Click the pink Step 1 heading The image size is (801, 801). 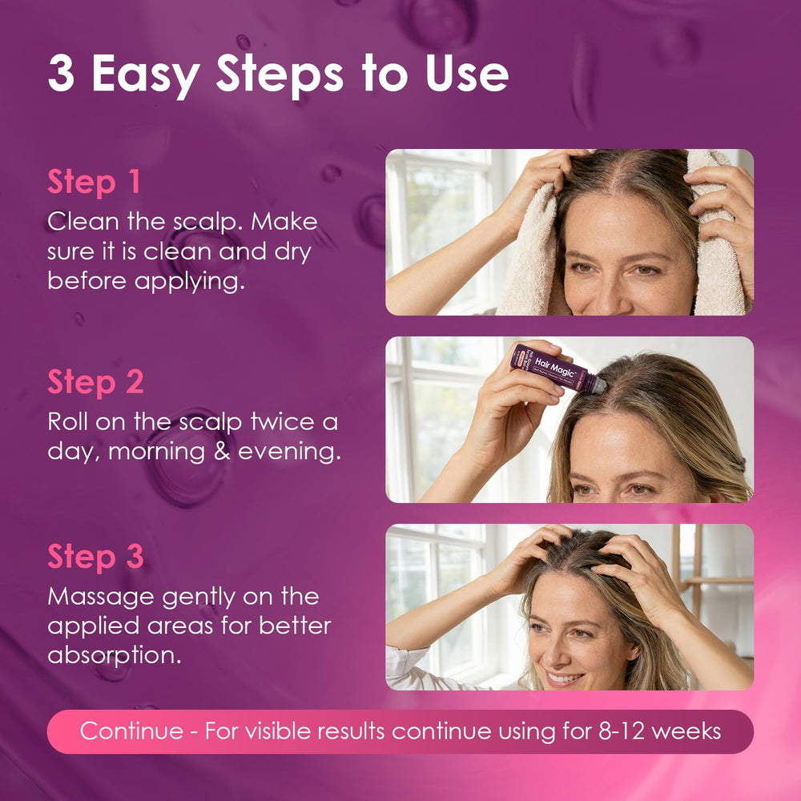click(x=94, y=182)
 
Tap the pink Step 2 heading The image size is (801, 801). click(x=95, y=382)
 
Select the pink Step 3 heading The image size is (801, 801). click(x=95, y=557)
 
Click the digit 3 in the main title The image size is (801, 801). click(x=62, y=73)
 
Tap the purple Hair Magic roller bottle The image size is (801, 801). click(x=557, y=368)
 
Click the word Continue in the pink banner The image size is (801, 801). click(x=132, y=731)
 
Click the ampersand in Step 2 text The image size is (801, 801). click(x=222, y=452)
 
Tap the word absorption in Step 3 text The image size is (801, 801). click(x=115, y=656)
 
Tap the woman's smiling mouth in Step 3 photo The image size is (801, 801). click(x=565, y=678)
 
